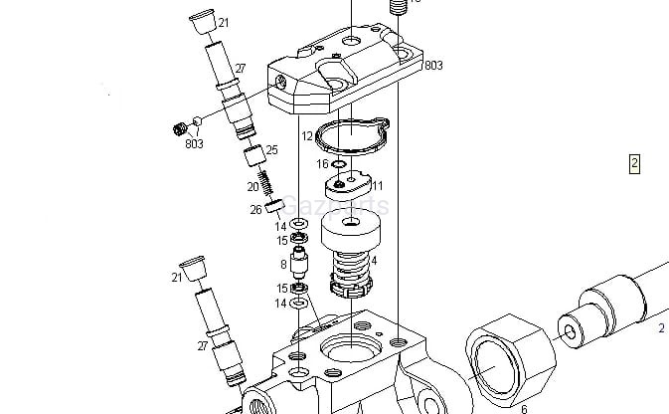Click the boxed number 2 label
pyautogui.click(x=634, y=163)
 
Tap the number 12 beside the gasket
pyautogui.click(x=307, y=135)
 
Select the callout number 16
pyautogui.click(x=322, y=164)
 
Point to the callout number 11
pyautogui.click(x=377, y=185)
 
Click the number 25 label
pyautogui.click(x=271, y=150)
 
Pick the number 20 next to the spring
pyautogui.click(x=252, y=186)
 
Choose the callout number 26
pyautogui.click(x=255, y=209)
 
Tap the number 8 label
pyautogui.click(x=283, y=264)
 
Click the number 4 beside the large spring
pyautogui.click(x=373, y=260)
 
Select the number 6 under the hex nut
pyautogui.click(x=524, y=407)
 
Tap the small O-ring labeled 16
pyautogui.click(x=341, y=165)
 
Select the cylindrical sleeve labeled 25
pyautogui.click(x=252, y=154)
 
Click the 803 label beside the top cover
pyautogui.click(x=432, y=66)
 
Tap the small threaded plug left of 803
pyautogui.click(x=181, y=127)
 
